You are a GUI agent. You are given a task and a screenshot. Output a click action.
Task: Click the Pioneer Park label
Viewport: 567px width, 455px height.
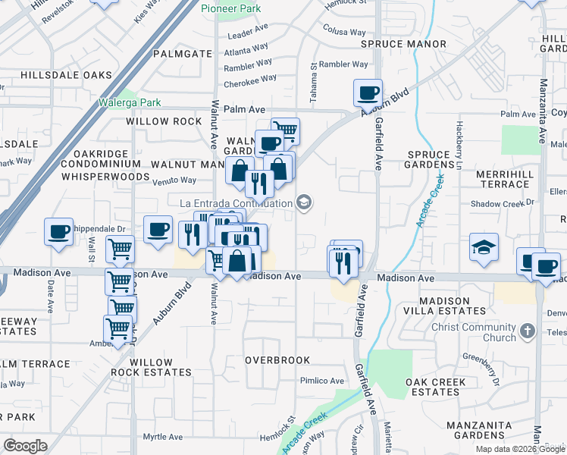(x=231, y=8)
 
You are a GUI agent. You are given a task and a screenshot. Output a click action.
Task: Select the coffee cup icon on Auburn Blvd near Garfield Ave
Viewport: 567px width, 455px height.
(x=368, y=93)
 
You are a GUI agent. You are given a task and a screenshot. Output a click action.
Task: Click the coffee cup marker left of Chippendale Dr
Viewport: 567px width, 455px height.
(x=58, y=232)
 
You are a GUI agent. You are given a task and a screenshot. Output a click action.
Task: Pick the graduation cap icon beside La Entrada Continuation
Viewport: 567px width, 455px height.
(x=304, y=202)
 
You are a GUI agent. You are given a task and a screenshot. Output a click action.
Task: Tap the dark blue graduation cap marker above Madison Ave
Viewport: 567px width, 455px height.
(x=484, y=247)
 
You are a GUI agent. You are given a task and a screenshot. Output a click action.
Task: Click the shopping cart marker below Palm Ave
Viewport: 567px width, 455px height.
(x=285, y=130)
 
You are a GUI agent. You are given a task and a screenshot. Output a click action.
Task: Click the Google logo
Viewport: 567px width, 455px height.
(x=25, y=446)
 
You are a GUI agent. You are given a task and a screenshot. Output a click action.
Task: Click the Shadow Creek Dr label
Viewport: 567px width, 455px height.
(x=502, y=203)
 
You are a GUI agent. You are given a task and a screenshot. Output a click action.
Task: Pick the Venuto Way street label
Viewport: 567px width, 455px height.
(x=175, y=180)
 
